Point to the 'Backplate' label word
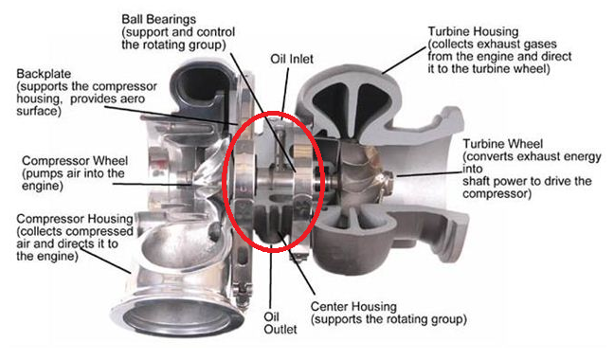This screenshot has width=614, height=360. pyautogui.click(x=44, y=73)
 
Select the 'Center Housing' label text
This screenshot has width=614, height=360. pyautogui.click(x=358, y=307)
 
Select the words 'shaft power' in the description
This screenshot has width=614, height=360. pyautogui.click(x=494, y=181)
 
